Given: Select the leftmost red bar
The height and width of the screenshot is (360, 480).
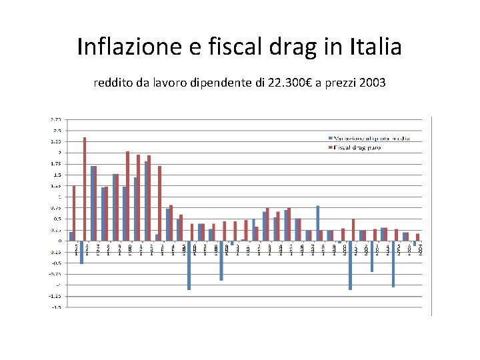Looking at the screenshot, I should [x=74, y=213].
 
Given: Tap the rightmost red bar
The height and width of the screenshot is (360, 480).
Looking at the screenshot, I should [x=418, y=237].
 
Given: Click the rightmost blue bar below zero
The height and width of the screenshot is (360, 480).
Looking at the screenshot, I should [x=415, y=244].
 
